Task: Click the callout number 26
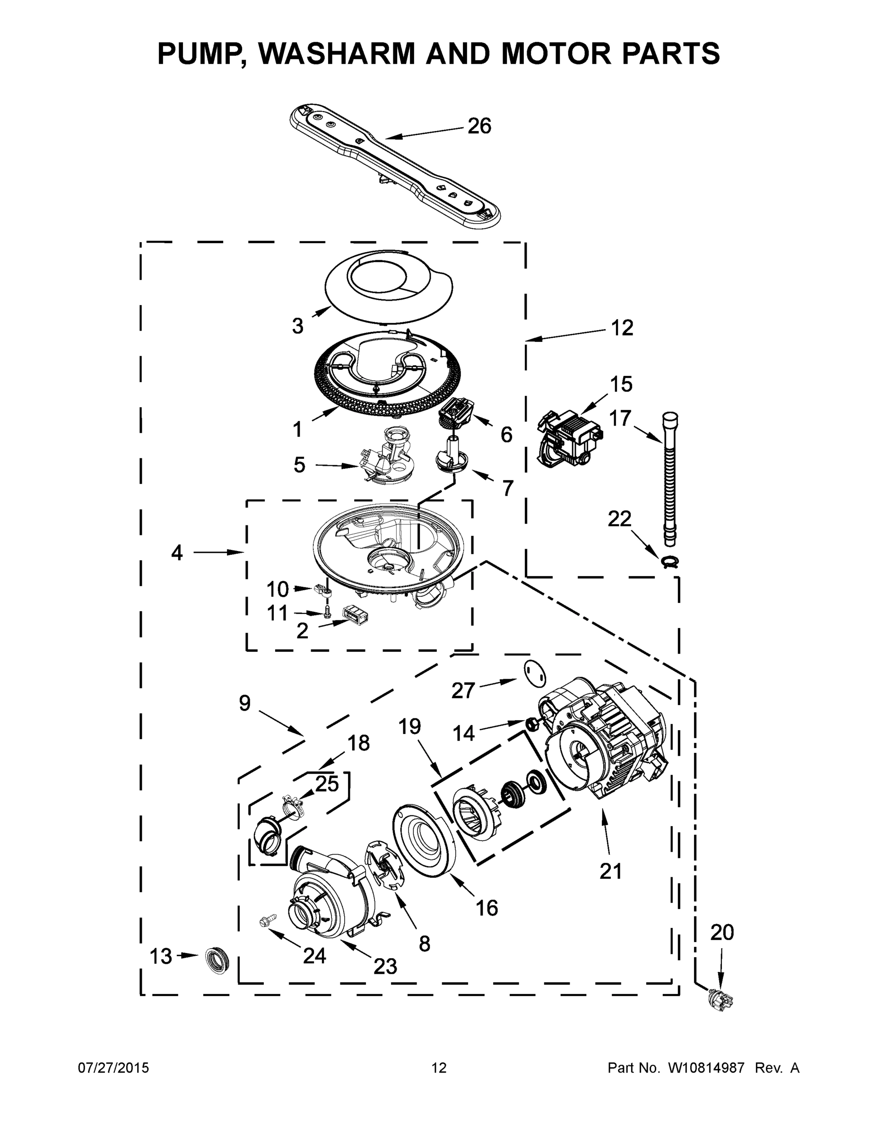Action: point(479,126)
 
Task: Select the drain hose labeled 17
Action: point(670,478)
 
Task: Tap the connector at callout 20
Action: point(720,999)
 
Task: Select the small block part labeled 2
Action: point(356,614)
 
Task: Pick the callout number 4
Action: point(177,552)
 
